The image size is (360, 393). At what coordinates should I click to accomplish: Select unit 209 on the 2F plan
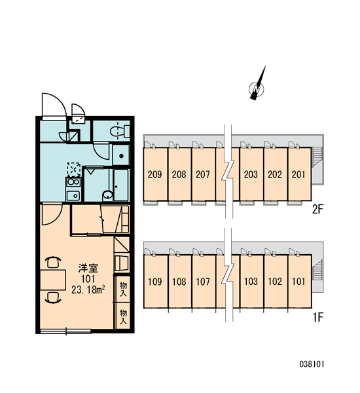(155, 174)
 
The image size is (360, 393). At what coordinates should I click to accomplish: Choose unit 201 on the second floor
(299, 174)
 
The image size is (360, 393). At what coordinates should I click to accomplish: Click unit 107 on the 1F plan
(204, 282)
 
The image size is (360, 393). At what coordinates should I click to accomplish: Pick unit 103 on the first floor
(251, 282)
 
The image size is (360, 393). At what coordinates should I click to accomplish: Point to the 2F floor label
(317, 209)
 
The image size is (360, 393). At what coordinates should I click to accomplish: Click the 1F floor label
(317, 317)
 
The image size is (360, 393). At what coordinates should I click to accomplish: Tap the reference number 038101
(312, 364)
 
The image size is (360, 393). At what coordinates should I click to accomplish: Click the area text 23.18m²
(88, 290)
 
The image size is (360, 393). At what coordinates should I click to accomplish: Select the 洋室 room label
(88, 268)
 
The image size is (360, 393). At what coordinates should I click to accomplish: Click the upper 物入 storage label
(123, 289)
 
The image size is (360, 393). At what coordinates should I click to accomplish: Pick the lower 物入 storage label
(123, 316)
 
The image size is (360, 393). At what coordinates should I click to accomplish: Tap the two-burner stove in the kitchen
(73, 182)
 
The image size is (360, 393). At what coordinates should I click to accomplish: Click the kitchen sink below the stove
(73, 195)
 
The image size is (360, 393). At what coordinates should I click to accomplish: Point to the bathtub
(121, 185)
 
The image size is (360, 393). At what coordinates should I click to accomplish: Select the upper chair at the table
(54, 263)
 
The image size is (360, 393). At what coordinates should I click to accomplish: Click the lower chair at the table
(54, 298)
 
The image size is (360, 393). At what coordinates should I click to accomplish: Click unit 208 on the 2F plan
(179, 174)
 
